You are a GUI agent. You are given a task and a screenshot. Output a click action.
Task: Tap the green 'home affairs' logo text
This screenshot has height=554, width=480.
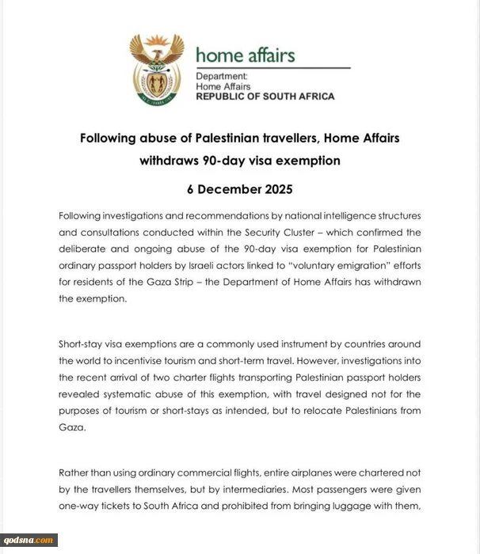click(245, 55)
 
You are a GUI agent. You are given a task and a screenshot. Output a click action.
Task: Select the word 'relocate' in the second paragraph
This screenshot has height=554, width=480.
click(337, 410)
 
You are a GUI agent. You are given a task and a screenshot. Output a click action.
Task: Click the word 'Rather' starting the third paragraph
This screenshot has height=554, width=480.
click(76, 472)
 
